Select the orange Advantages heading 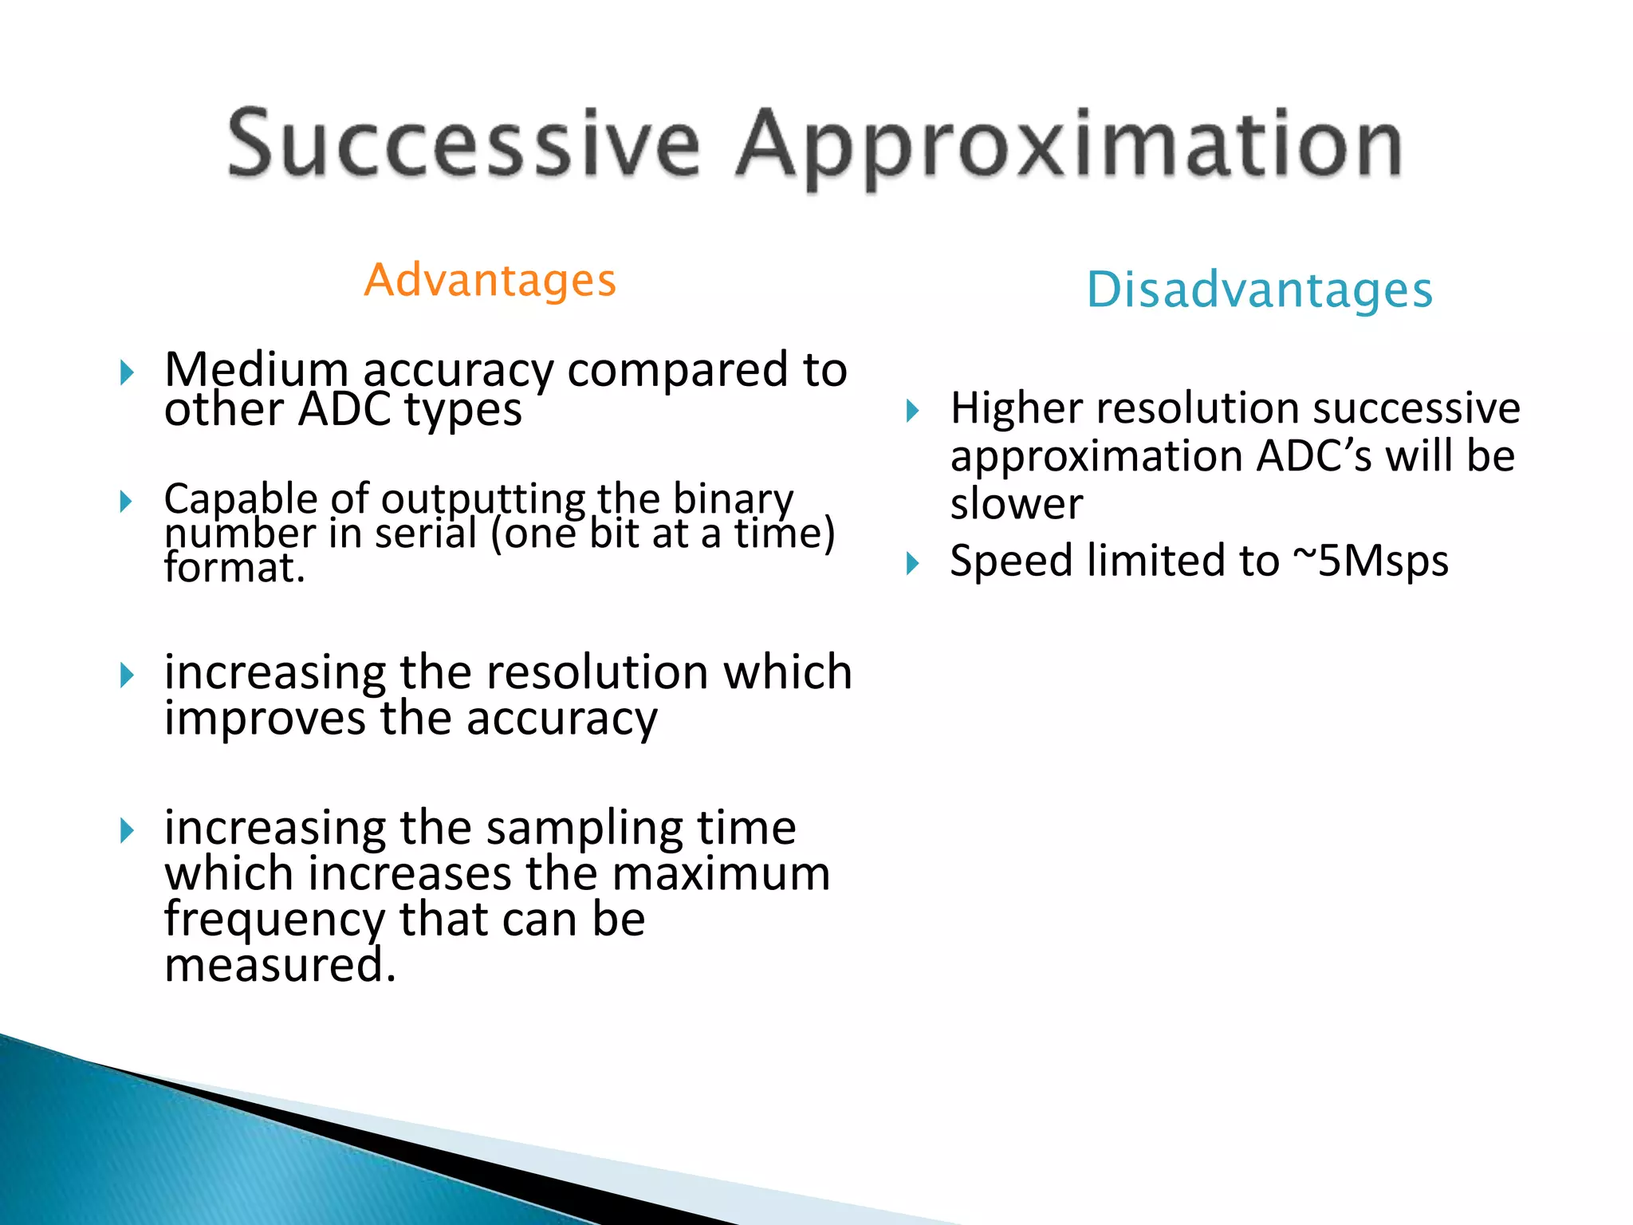(x=490, y=281)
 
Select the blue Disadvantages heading (x=1259, y=290)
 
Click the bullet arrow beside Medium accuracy (x=126, y=372)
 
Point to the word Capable (x=241, y=500)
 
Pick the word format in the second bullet (x=230, y=568)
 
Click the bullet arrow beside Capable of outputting (x=126, y=502)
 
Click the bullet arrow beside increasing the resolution (x=126, y=676)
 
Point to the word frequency (x=274, y=920)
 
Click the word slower (x=1016, y=505)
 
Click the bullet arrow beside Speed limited (x=912, y=565)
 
